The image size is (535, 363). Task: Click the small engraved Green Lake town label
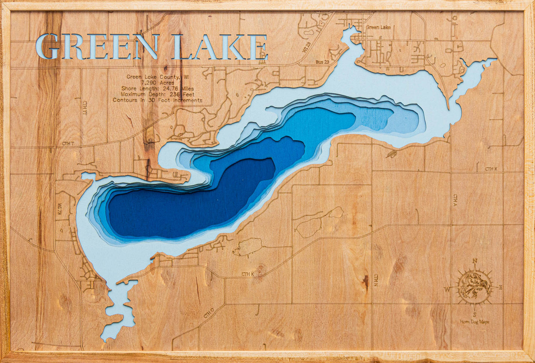[x=378, y=27]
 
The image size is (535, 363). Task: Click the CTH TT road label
[x=84, y=107]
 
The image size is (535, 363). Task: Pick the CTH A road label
[x=455, y=200]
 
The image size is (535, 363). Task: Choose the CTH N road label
[x=376, y=280]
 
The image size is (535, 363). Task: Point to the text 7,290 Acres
[x=158, y=83]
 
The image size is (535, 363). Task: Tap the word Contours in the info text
[x=125, y=100]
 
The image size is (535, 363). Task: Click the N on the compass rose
[x=475, y=261]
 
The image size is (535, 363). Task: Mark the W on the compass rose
[x=447, y=289]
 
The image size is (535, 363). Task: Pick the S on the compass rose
[x=475, y=315]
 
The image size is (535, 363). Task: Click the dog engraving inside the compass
[x=474, y=287]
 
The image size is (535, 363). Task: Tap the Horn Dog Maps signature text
[x=475, y=322]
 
